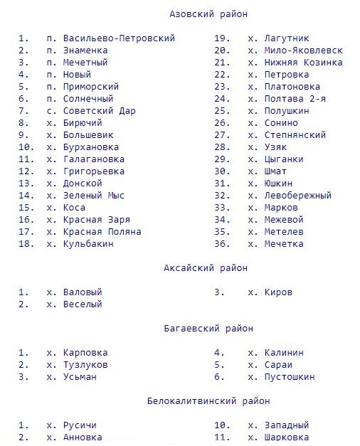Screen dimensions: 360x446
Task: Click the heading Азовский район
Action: point(208,14)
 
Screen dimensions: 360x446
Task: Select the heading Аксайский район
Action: point(206,268)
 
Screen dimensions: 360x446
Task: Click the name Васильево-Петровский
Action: point(119,38)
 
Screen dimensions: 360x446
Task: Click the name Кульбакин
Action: point(88,244)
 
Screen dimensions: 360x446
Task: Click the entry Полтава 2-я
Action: point(295,99)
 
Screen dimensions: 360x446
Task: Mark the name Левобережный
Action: point(297,196)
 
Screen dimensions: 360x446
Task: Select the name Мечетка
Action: point(283,244)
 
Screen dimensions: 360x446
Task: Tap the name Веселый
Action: point(83,304)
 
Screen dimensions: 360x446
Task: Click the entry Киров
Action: point(277,292)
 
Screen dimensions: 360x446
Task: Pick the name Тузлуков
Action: point(85,365)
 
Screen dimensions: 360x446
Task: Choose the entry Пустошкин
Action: point(289,377)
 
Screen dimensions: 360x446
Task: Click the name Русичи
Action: point(80,425)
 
